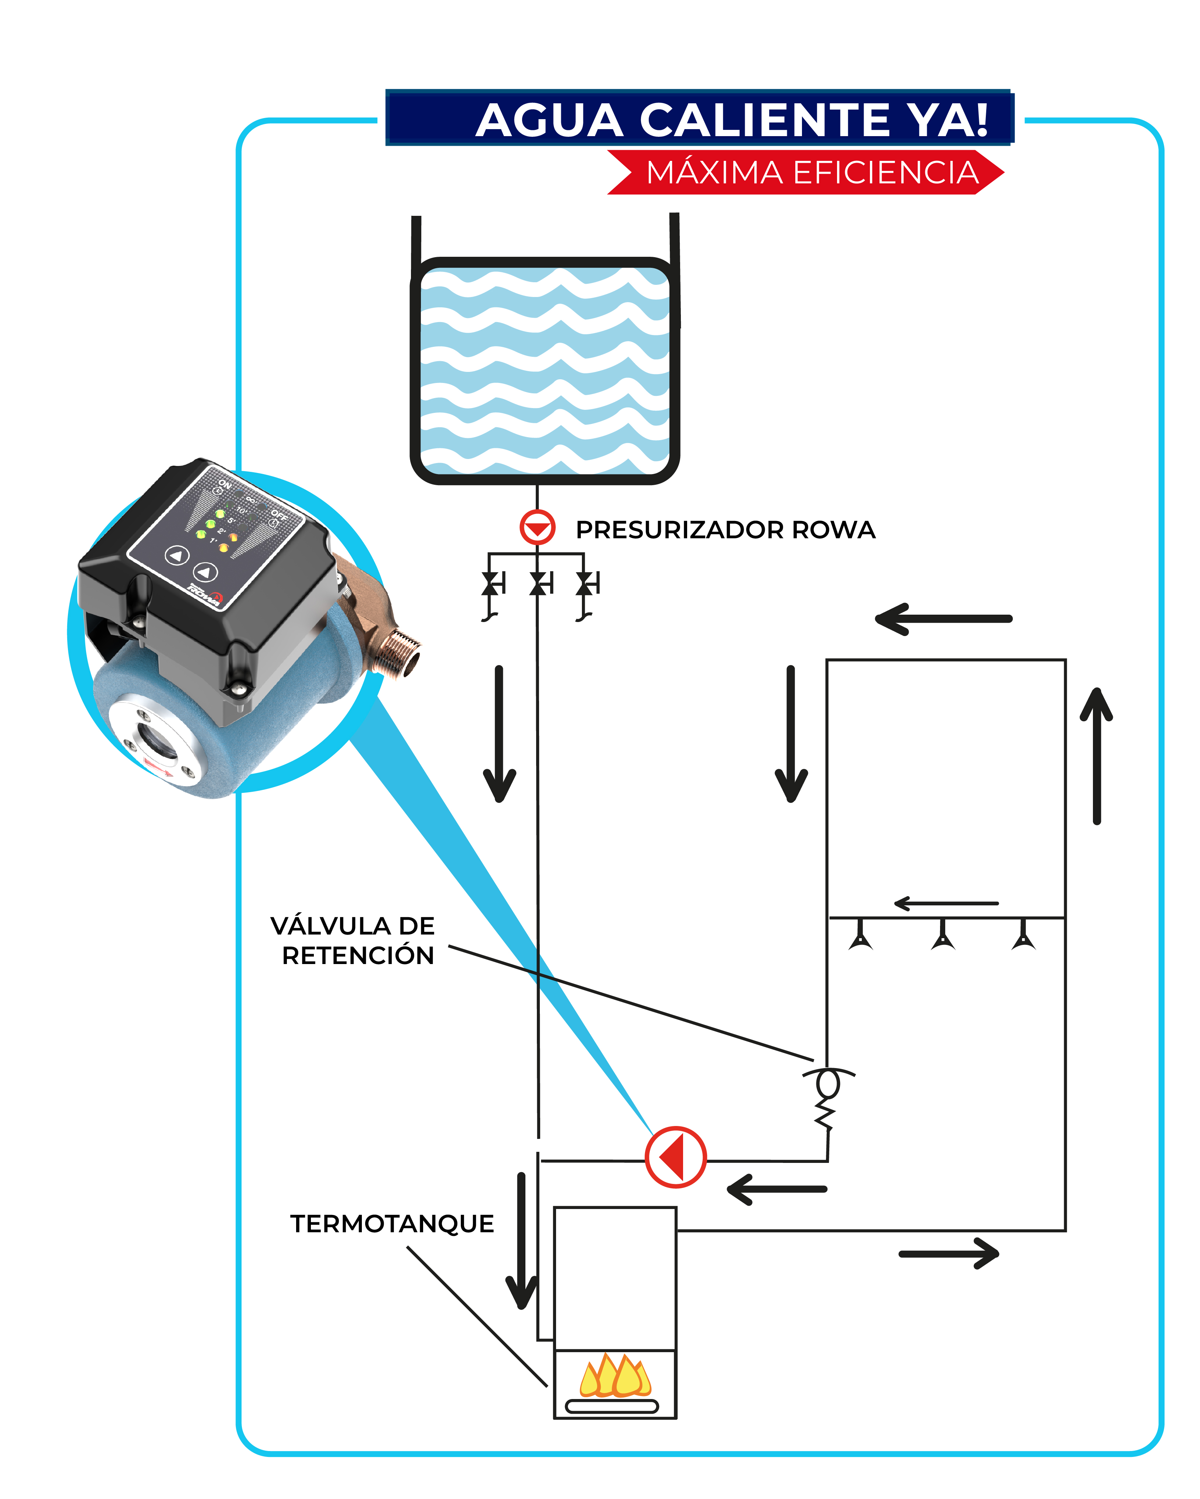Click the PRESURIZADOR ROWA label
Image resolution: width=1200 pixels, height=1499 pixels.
(725, 530)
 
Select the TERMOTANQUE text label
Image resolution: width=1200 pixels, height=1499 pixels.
(392, 1224)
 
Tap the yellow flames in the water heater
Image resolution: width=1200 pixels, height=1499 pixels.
(615, 1375)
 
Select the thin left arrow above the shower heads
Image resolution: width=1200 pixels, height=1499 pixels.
(946, 903)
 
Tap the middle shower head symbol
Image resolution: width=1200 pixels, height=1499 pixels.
(943, 935)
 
